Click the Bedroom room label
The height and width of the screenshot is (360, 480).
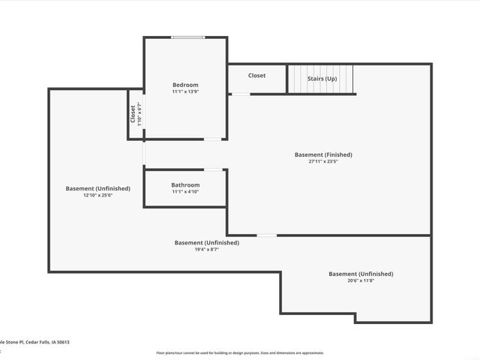185,85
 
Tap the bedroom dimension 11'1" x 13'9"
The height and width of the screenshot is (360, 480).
185,91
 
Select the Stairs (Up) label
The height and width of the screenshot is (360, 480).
321,79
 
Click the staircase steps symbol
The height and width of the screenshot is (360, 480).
321,79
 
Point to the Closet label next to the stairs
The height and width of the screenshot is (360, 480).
256,76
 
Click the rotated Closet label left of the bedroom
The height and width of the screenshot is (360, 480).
133,114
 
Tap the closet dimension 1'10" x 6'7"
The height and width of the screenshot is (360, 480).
139,114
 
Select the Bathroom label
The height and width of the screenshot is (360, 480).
185,184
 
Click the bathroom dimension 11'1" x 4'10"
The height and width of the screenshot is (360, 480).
185,191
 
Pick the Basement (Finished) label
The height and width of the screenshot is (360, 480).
323,154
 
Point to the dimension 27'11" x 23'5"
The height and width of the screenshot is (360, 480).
323,161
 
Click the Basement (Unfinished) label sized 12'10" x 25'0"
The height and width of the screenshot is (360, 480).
97,188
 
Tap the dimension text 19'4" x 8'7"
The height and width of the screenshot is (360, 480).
206,250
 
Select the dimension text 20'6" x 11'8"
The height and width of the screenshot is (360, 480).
361,281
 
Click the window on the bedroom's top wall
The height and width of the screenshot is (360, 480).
187,37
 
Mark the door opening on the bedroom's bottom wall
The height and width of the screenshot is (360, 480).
214,139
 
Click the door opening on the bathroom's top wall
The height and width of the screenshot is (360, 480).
214,169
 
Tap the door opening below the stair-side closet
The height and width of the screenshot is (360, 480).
240,94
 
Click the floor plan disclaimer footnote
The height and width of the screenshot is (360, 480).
240,352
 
